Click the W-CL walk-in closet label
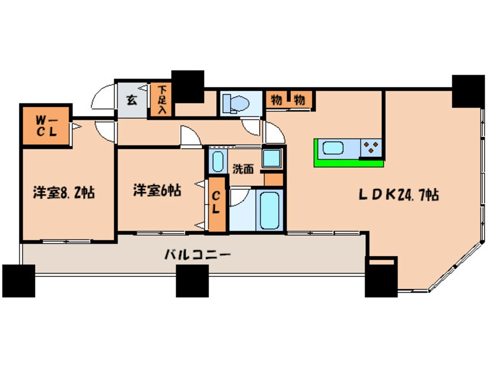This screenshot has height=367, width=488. click(47, 126)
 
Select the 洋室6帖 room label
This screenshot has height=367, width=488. click(157, 190)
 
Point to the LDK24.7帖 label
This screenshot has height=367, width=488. click(399, 195)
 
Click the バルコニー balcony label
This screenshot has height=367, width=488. click(198, 255)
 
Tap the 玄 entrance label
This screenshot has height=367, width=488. click(132, 100)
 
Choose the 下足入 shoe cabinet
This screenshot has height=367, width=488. click(161, 100)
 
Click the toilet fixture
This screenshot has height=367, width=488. click(235, 103)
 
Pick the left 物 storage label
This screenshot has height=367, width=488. click(276, 100)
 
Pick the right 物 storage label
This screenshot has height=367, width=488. click(299, 100)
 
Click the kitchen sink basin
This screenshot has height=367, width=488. click(333, 148)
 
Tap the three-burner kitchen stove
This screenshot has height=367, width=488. click(371, 148)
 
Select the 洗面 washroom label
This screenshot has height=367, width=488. click(243, 169)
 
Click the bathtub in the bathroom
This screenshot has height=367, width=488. click(269, 210)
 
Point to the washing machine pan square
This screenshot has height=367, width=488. click(272, 158)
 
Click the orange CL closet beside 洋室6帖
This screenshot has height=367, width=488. click(217, 204)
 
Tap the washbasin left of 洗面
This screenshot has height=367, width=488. click(217, 162)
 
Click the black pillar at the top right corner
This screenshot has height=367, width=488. click(468, 91)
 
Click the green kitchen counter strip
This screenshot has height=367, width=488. click(348, 163)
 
